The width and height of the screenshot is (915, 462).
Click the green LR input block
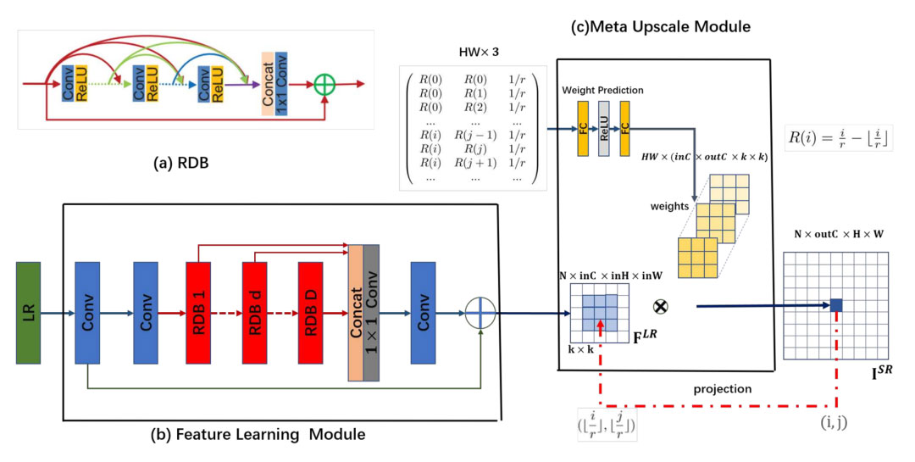pos(29,311)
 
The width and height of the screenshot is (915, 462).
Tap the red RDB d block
pos(258,311)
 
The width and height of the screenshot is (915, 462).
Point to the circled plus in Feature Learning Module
pos(481,312)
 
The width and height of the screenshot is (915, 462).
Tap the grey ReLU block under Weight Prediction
pos(605,129)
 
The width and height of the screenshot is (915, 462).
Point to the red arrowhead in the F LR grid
pos(600,324)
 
